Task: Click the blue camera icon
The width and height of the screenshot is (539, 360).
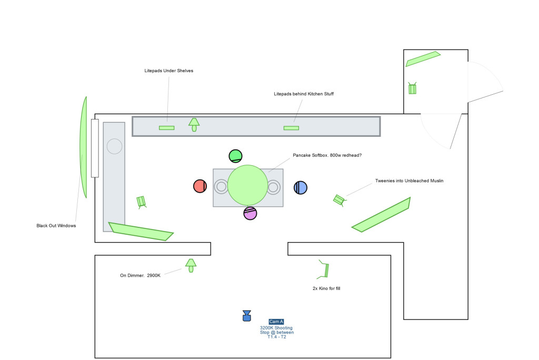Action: point(246,315)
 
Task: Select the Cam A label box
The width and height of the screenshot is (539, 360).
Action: point(276,322)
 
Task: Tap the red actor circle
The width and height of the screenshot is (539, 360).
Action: point(200,186)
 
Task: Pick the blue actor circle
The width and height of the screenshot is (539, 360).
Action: point(300,187)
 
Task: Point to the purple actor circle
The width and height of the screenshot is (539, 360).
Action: point(250,213)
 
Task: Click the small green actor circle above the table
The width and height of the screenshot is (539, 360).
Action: point(235,156)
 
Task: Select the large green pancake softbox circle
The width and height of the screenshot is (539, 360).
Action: point(247,185)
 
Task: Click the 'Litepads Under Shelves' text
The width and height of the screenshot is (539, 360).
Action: point(168,71)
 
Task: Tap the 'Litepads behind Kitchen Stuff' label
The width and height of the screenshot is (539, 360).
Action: point(304,94)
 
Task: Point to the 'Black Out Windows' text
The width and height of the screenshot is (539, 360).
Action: point(56,225)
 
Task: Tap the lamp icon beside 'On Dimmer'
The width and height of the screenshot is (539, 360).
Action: point(191,265)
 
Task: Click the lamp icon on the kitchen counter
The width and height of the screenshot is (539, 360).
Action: point(194,124)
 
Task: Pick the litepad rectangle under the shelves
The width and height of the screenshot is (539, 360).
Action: point(167,127)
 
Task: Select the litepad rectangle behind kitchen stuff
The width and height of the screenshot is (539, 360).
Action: point(291,128)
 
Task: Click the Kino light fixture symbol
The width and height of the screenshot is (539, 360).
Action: point(325,269)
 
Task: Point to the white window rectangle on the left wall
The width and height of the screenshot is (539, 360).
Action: point(95,148)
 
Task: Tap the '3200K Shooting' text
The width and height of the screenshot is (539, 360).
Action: point(276,328)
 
